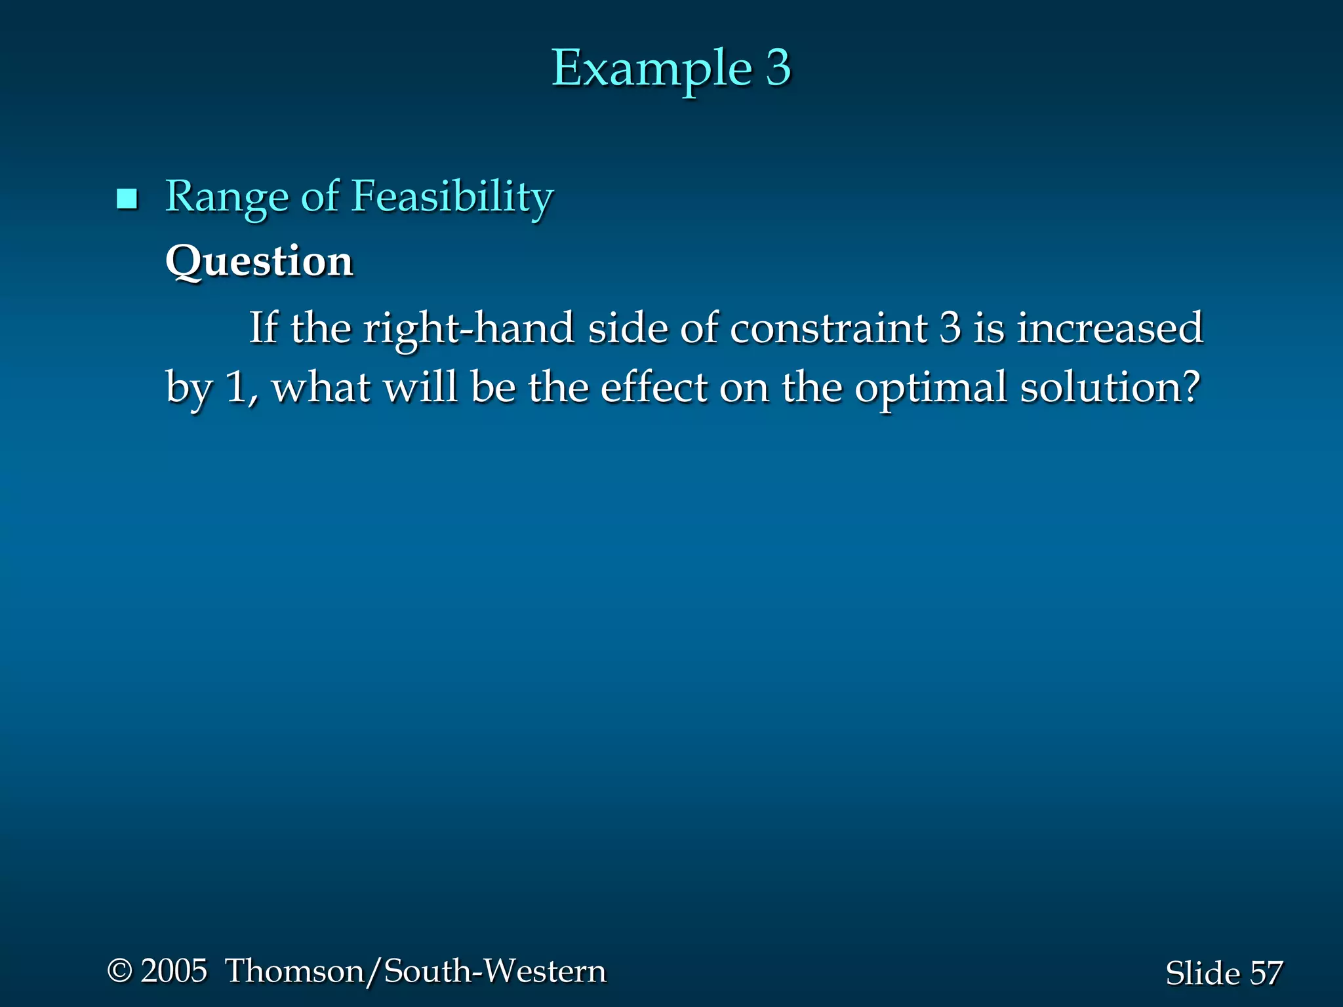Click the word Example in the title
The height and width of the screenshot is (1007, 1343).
point(651,69)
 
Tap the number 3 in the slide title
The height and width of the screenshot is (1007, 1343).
point(778,68)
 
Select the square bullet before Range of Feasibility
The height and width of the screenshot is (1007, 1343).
point(127,199)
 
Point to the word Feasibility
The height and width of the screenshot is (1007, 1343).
point(452,197)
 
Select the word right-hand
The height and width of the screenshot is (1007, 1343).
point(470,327)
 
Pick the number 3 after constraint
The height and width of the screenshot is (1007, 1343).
point(950,327)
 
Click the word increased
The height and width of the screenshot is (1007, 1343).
point(1110,327)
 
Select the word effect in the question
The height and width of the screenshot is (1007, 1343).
point(654,387)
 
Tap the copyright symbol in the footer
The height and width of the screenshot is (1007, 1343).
point(120,971)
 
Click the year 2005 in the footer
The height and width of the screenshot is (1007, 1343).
point(174,971)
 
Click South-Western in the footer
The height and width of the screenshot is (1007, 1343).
point(495,971)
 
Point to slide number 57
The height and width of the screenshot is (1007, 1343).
point(1266,973)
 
